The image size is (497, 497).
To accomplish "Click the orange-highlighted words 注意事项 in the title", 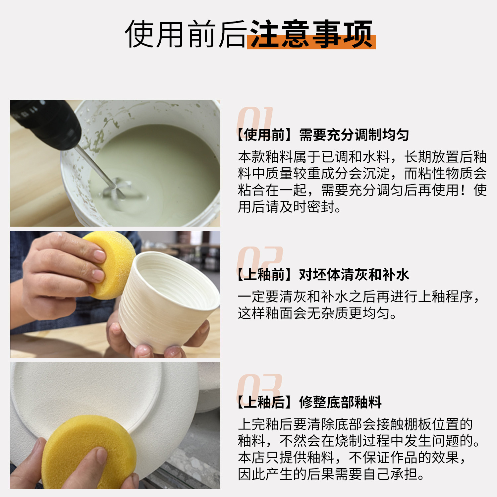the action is point(311,34).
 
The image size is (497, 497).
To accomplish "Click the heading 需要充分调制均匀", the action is point(354,135).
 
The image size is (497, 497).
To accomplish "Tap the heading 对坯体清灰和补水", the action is point(354,275).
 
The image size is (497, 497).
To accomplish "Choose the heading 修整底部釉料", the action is point(340,402).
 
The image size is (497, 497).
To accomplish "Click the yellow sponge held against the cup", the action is point(111,265).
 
